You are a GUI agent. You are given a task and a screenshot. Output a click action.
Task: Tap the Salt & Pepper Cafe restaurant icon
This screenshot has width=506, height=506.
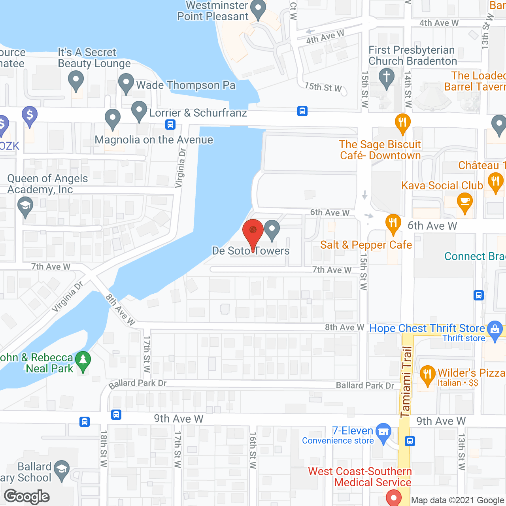(393, 223)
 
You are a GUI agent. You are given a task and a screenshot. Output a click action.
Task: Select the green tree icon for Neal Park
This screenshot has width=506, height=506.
(83, 361)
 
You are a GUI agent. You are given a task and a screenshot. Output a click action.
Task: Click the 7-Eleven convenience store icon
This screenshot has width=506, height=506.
(383, 432)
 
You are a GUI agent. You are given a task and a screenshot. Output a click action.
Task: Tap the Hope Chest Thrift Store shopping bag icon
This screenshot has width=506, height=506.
(495, 330)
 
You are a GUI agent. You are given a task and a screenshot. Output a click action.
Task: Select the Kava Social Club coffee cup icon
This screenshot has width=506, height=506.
(465, 202)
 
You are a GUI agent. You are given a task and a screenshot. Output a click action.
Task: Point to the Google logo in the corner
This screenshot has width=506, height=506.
(27, 497)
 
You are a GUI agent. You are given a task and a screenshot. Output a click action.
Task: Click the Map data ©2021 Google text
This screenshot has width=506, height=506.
(457, 500)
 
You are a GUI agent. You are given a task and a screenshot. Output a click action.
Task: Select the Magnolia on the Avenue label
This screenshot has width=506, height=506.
(154, 140)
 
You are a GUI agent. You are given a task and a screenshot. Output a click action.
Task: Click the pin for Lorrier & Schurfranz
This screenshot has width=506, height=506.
(139, 110)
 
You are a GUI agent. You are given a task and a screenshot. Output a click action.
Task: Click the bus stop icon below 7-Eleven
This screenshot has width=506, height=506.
(410, 441)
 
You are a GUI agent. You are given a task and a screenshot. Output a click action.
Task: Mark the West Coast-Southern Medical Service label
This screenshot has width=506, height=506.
(360, 477)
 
